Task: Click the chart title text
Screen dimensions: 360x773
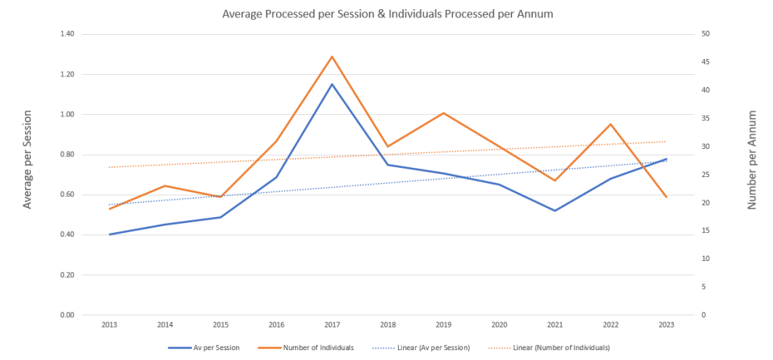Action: coord(386,14)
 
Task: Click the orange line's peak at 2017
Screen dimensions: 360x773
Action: coord(332,57)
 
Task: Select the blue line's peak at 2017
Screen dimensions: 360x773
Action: coord(332,84)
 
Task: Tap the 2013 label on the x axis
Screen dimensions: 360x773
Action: coord(109,324)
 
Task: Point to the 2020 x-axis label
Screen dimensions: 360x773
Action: coord(499,324)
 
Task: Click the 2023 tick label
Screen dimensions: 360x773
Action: coord(666,324)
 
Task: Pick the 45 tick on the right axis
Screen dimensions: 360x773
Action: coord(706,63)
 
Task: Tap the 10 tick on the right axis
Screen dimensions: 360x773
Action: coord(706,259)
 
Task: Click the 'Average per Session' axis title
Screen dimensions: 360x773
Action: coord(28,160)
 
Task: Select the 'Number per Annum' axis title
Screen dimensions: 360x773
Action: coord(752,160)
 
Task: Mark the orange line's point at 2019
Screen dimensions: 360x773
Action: coord(444,113)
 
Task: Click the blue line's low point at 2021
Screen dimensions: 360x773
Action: coord(555,210)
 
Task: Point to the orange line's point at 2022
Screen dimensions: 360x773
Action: coord(611,124)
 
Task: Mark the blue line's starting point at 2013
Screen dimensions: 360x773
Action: coord(110,234)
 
